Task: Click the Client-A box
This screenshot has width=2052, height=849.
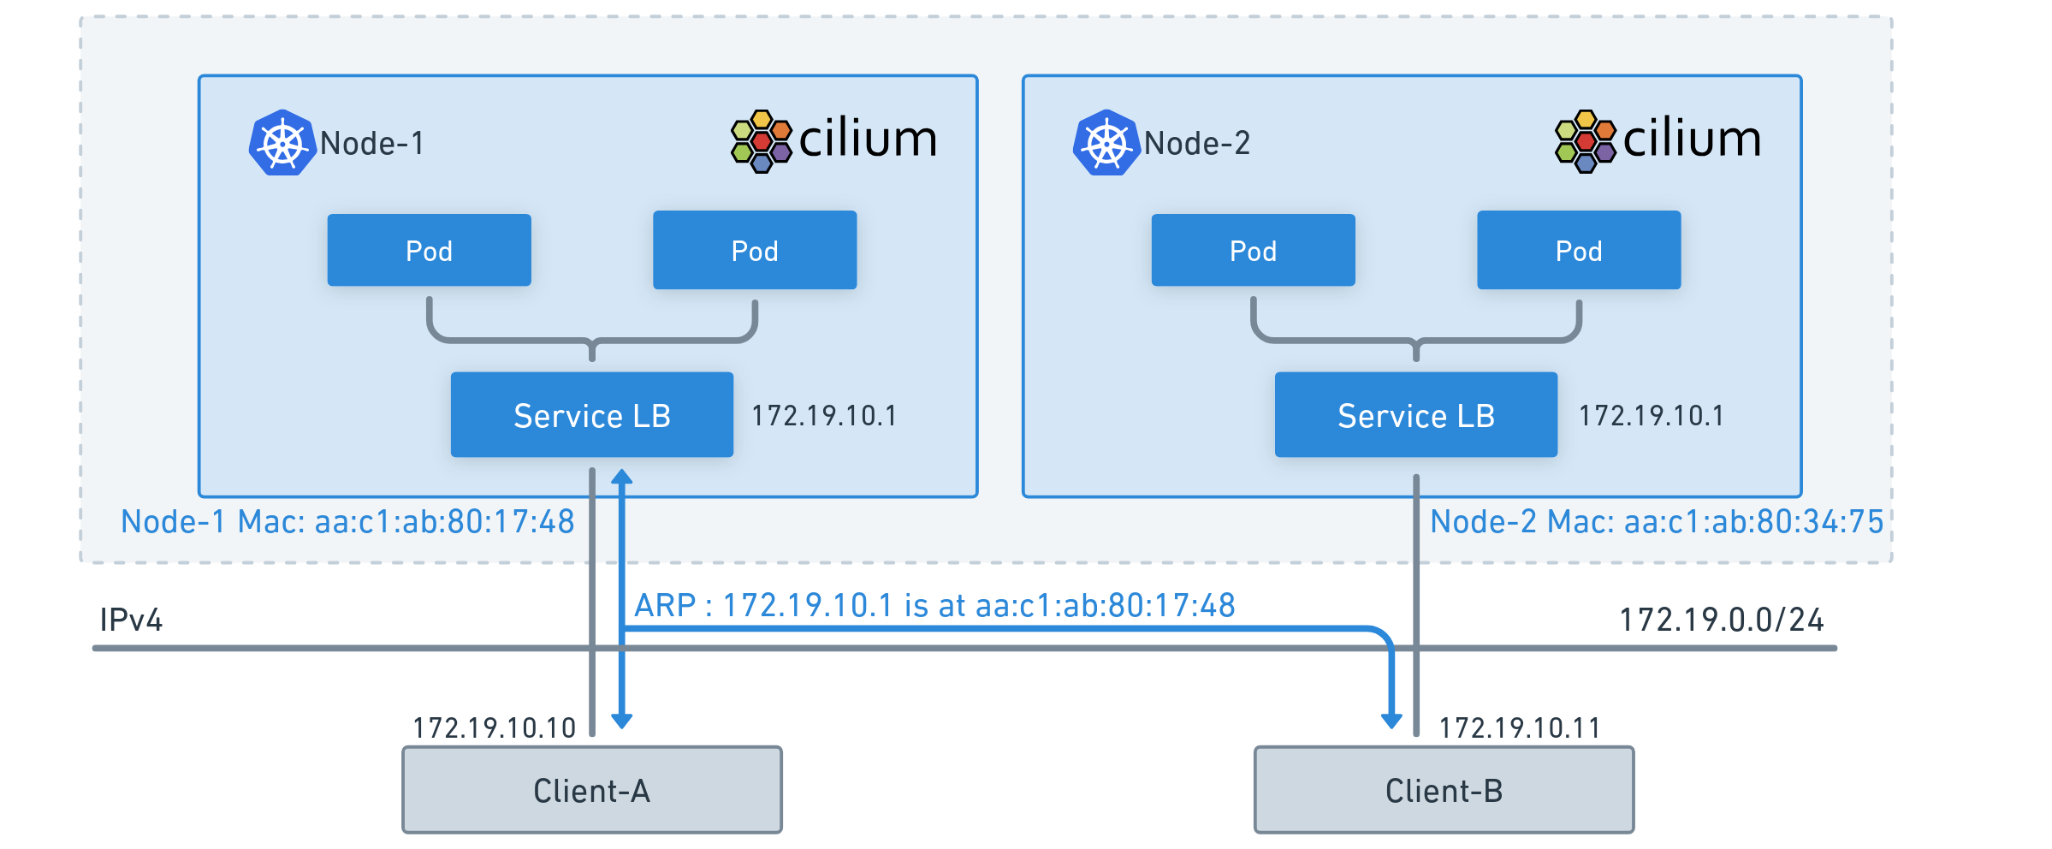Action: click(x=592, y=790)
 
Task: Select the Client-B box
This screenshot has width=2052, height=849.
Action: click(x=1444, y=790)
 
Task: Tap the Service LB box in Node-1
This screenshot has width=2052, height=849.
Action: click(x=592, y=415)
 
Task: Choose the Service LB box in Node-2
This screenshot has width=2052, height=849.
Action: click(x=1416, y=415)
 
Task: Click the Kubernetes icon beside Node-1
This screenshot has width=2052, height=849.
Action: click(x=282, y=143)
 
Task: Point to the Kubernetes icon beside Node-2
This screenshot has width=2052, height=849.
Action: click(x=1106, y=143)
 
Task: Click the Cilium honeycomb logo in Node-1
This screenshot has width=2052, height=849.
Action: click(x=761, y=141)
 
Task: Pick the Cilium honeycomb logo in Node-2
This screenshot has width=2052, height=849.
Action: click(x=1585, y=141)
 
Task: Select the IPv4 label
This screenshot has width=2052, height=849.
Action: click(x=131, y=620)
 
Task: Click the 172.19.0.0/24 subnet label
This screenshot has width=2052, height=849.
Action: click(x=1721, y=620)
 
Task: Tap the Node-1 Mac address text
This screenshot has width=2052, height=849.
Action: click(x=347, y=521)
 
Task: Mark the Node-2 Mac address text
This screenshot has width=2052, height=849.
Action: click(x=1657, y=521)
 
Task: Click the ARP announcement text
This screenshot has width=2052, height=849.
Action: click(x=934, y=605)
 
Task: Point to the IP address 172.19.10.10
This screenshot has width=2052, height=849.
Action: click(x=495, y=727)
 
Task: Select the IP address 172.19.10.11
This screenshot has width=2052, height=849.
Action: click(x=1519, y=727)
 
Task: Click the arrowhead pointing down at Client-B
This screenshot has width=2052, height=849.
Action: click(x=1391, y=721)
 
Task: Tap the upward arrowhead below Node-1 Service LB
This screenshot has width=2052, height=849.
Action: click(x=622, y=477)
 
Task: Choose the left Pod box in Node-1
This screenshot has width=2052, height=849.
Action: click(x=430, y=250)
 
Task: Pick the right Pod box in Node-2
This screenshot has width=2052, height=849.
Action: click(x=1579, y=250)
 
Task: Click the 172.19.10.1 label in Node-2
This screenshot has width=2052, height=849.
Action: click(x=1651, y=416)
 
